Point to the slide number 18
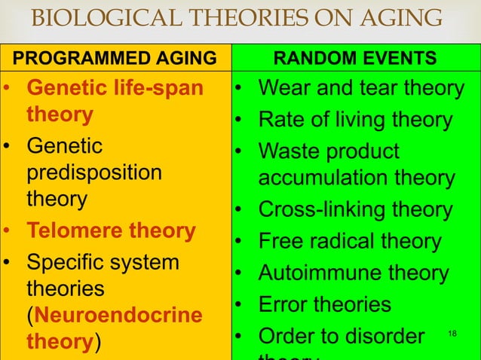point(452,331)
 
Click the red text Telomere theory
point(111,230)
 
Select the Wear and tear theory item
point(360,88)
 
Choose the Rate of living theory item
point(355,120)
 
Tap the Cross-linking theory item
point(355,209)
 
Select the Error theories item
point(325,304)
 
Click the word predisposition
point(94,172)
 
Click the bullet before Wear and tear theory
point(237,88)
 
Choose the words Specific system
point(103,263)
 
